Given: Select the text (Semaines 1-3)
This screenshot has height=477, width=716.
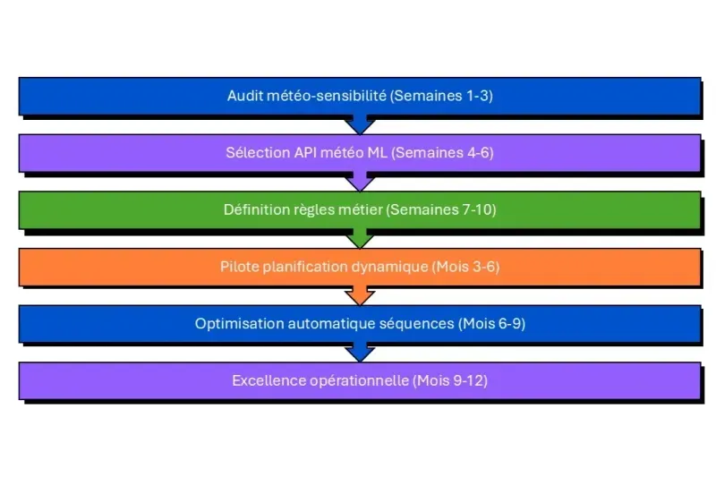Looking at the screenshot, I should tap(442, 96).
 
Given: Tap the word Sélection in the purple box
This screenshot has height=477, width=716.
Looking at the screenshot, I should tap(254, 153).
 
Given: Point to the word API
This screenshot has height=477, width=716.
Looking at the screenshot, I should tap(302, 153).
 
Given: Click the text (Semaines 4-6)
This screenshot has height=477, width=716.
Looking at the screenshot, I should tap(443, 153).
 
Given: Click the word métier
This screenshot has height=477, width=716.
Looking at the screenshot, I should tap(358, 210).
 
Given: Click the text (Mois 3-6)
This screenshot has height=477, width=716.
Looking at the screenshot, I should tap(465, 267).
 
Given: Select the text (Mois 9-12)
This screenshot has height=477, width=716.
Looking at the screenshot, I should tap(450, 380).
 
